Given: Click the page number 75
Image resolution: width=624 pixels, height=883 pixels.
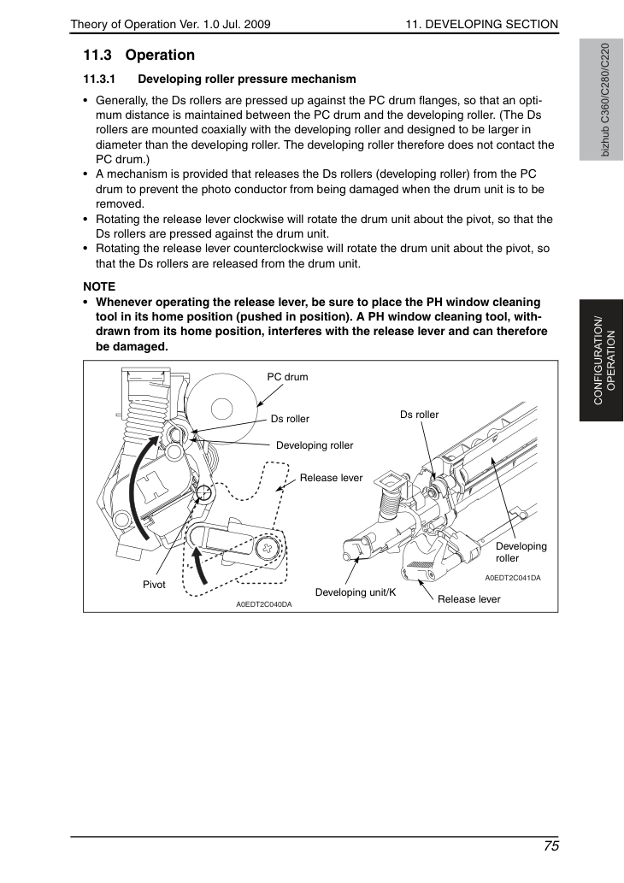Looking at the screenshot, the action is click(x=551, y=846).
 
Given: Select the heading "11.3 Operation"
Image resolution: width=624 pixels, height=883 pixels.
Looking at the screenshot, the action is click(x=139, y=56).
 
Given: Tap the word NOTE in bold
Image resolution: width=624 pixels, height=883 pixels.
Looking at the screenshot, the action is click(x=99, y=286).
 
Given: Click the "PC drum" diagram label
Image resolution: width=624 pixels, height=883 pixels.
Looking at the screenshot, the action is click(x=287, y=377).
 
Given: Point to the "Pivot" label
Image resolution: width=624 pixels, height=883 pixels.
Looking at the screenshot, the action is click(x=154, y=585).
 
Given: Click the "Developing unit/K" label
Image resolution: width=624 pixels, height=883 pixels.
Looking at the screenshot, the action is click(x=356, y=592).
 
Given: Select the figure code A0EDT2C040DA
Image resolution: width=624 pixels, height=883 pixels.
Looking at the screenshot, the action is click(x=263, y=605).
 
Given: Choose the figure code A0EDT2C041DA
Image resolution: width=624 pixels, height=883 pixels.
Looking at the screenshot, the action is click(x=513, y=578).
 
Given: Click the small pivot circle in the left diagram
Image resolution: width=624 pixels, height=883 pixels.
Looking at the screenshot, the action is click(x=204, y=493).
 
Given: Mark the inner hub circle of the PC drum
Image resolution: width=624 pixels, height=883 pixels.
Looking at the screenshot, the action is click(x=221, y=409).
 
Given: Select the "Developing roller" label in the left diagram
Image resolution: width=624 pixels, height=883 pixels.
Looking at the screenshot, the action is click(x=315, y=445).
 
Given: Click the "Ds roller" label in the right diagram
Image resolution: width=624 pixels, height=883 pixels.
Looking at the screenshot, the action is click(x=419, y=415).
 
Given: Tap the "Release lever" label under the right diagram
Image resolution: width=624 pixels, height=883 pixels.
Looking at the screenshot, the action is click(x=468, y=599).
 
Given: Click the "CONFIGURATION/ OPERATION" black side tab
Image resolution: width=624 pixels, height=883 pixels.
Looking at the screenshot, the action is click(x=602, y=361).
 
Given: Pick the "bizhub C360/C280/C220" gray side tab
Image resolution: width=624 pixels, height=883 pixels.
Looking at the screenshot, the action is click(x=602, y=100).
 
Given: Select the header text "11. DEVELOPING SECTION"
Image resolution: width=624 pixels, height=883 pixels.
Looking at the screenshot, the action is click(x=481, y=24).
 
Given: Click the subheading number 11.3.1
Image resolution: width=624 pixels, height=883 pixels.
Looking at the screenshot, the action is click(x=99, y=79).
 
